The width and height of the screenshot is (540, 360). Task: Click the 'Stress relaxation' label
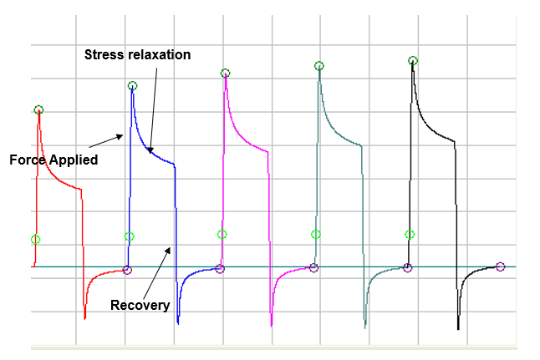click(138, 55)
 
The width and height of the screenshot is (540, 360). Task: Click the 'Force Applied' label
click(53, 160)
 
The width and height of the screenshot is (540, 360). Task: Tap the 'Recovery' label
click(140, 305)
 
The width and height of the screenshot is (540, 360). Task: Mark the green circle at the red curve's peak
click(38, 110)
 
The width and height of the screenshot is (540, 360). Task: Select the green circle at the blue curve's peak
click(132, 86)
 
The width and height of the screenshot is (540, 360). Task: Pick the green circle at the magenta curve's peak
click(225, 74)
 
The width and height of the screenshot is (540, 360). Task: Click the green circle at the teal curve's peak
click(318, 65)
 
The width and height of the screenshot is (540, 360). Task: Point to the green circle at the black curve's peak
click(412, 60)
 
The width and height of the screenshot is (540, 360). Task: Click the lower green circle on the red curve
click(35, 240)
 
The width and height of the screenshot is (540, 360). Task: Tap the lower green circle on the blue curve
click(129, 236)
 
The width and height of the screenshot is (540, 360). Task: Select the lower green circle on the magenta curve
click(222, 235)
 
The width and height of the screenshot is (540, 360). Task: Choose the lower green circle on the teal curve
click(315, 235)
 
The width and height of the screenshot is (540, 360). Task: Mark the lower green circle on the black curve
click(410, 235)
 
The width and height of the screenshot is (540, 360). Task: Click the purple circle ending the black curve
click(501, 266)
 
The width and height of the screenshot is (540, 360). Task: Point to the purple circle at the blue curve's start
click(127, 269)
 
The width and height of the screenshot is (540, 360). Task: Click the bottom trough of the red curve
click(85, 317)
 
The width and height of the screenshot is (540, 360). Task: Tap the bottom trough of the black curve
click(458, 328)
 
